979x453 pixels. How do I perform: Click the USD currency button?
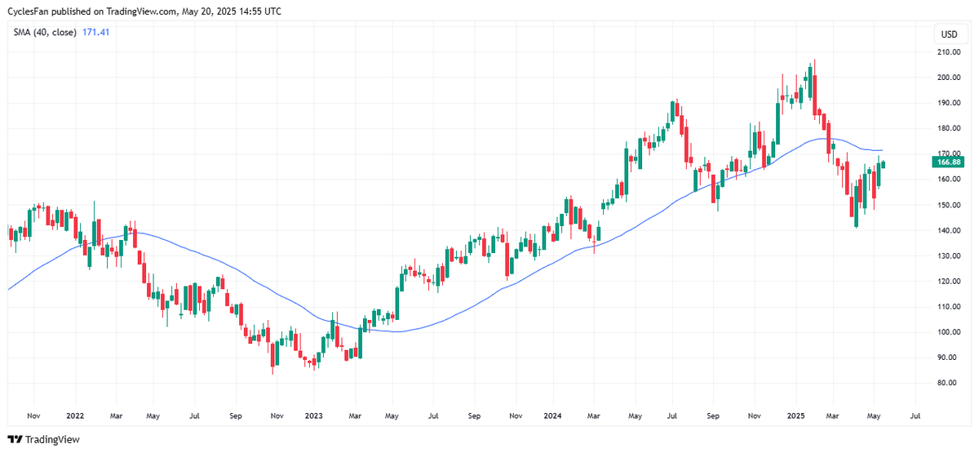tap(949, 34)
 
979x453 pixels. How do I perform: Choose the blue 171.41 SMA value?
tap(96, 32)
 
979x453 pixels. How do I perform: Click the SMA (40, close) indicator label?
tap(44, 32)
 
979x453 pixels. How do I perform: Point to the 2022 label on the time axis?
tap(74, 415)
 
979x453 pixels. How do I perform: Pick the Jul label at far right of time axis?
tap(915, 415)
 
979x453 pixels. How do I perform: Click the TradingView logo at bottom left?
tap(46, 439)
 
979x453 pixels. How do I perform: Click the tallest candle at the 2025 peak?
tap(813, 82)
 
